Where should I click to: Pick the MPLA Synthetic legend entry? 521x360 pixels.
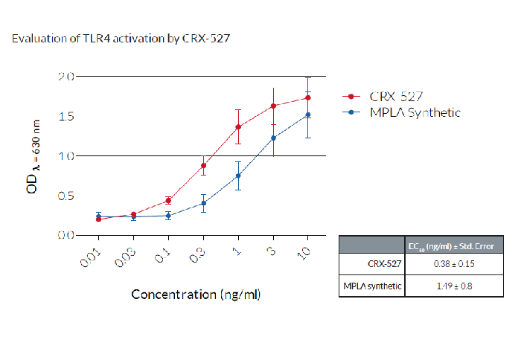tap(414, 112)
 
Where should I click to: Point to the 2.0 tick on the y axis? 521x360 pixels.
tap(66, 77)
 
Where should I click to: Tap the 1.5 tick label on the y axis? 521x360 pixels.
tap(66, 116)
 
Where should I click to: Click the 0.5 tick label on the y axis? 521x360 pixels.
tap(66, 196)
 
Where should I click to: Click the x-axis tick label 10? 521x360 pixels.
tap(304, 253)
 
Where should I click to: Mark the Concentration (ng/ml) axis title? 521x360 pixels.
tap(196, 294)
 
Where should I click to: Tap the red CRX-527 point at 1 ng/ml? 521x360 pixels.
tap(238, 127)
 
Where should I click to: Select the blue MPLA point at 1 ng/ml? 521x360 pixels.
tap(238, 176)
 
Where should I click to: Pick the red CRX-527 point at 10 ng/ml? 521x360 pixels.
tap(307, 97)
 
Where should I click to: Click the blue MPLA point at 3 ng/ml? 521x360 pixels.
tap(273, 138)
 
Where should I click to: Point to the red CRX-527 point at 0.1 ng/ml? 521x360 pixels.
tap(168, 200)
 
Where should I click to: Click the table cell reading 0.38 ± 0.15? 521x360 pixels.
tap(454, 264)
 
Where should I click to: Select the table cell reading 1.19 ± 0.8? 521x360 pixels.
tap(454, 286)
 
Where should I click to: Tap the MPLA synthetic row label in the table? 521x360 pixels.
tap(371, 286)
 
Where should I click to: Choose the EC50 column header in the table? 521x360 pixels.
tap(454, 245)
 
